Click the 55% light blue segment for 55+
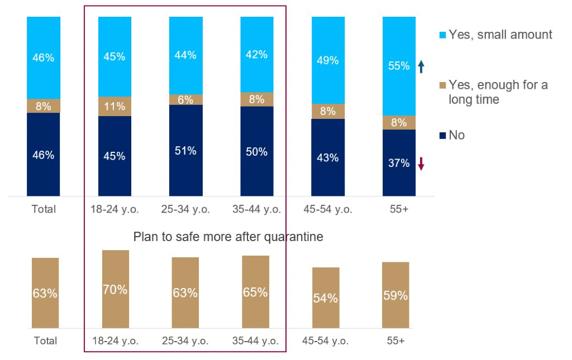[x=399, y=66]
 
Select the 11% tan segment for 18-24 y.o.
[x=115, y=106]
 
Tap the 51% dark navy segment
[x=185, y=150]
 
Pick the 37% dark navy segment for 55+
[x=399, y=162]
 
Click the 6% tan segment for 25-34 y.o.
[x=185, y=99]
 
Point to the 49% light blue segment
[x=328, y=60]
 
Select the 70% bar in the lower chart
[x=115, y=289]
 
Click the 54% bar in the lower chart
[x=326, y=297]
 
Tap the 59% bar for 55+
[x=395, y=295]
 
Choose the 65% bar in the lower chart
[x=255, y=292]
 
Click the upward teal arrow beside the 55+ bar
[x=421, y=67]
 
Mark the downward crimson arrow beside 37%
[x=422, y=164]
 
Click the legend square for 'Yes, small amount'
[x=442, y=35]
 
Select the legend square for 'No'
[x=442, y=136]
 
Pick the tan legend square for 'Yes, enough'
[x=442, y=85]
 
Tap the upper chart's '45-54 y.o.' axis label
[x=328, y=209]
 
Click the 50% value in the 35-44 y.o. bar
[x=257, y=151]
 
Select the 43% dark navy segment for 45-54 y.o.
[x=328, y=157]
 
